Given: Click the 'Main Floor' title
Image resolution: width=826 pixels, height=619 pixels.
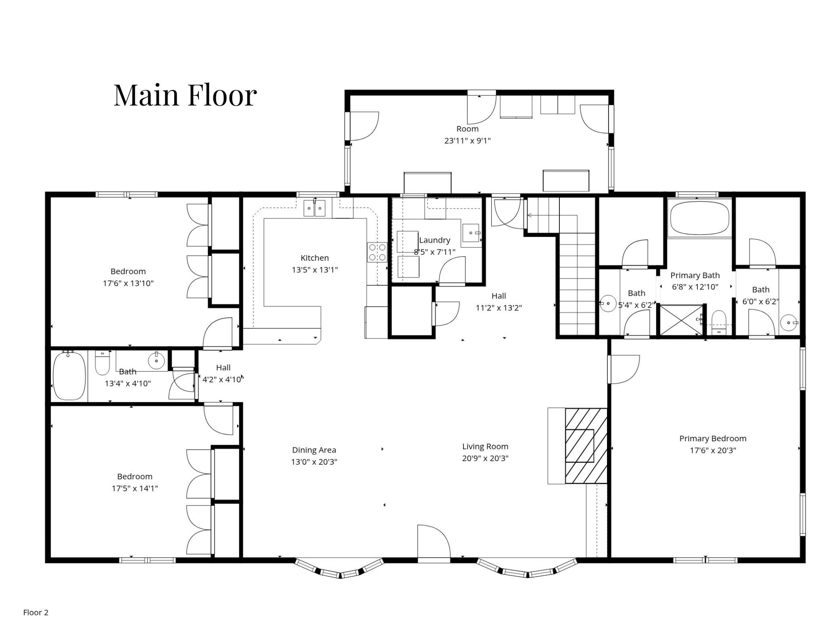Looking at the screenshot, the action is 185,95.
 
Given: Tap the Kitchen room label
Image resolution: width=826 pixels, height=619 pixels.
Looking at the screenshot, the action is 315,258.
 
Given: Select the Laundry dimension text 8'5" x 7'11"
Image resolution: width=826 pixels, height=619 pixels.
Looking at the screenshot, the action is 434,252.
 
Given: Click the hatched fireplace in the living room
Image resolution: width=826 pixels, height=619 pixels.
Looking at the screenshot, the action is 586,446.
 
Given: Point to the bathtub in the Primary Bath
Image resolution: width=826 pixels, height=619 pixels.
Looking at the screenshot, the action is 700,218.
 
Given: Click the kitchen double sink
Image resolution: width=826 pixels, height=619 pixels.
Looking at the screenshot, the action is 315,208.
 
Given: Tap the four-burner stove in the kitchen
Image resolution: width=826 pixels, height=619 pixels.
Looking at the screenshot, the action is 377,252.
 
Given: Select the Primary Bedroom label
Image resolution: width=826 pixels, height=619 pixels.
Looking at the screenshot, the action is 713,438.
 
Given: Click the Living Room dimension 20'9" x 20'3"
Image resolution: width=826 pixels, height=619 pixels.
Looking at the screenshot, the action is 485,458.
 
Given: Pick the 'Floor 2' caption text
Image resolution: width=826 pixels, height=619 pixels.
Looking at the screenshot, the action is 36,613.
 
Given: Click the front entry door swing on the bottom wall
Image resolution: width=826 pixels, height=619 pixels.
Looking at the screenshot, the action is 434,541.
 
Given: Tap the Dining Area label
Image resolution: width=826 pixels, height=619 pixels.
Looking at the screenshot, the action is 314,450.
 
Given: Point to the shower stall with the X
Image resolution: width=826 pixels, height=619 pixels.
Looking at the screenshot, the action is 680,320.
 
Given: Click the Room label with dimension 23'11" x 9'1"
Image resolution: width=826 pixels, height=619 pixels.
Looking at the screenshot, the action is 467,129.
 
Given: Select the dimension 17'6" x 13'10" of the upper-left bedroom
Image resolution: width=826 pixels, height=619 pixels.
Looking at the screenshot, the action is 128,283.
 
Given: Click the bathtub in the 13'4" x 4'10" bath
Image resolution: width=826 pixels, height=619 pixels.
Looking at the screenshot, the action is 69,376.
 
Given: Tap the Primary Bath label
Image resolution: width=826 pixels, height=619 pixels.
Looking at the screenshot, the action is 695,276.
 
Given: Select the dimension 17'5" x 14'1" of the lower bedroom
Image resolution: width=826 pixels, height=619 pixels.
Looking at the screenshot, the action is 135,488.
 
